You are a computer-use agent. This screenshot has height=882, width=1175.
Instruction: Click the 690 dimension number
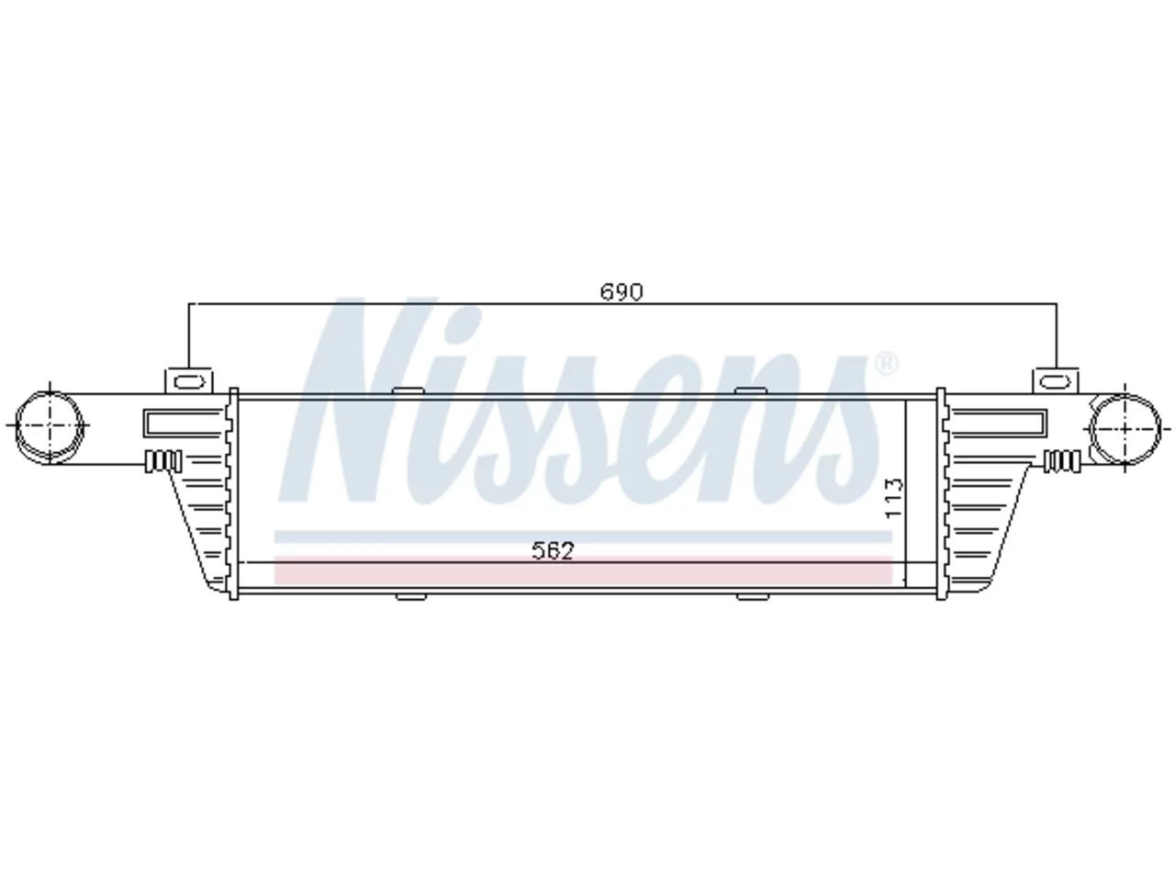pos(621,292)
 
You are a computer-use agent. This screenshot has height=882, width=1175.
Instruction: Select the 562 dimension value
pos(553,550)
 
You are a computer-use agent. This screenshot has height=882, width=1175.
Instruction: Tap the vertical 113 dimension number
pos(894,499)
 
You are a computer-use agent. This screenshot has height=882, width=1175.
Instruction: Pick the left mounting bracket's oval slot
pos(190,382)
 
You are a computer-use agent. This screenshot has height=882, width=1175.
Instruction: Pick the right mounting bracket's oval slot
pos(1055,382)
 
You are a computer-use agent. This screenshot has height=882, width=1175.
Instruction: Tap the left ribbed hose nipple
pos(163,461)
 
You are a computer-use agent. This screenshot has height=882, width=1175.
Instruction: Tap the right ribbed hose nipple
pos(1063,461)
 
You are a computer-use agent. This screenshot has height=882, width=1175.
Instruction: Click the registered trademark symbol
pos(887,364)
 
